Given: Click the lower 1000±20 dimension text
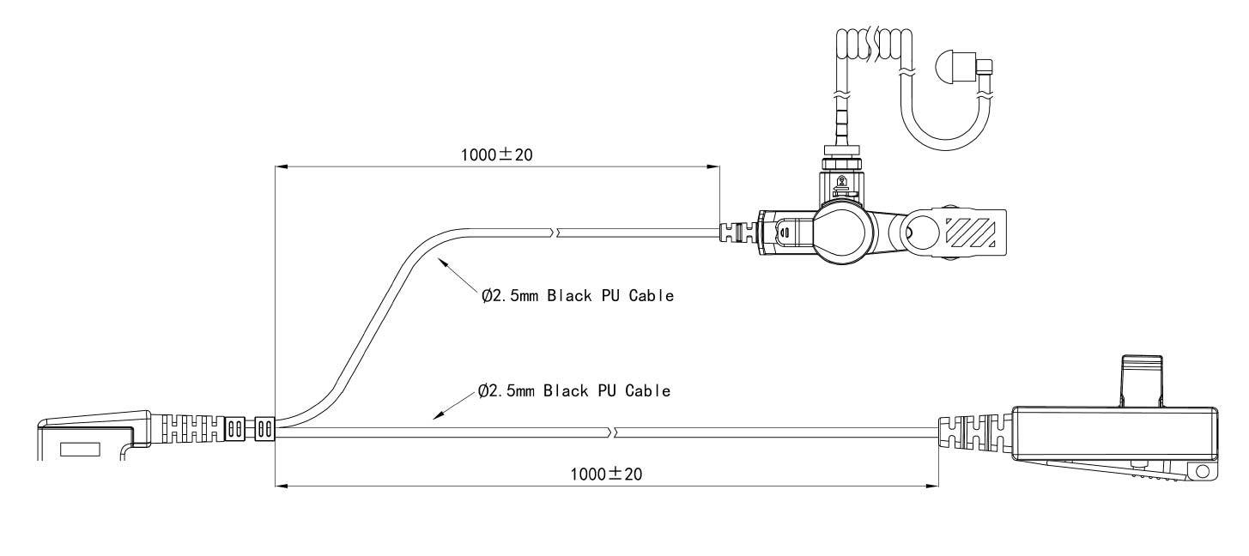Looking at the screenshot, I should click(607, 474).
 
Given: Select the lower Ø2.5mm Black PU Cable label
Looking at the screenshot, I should click(573, 391).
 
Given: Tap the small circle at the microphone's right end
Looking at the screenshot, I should click(1202, 472).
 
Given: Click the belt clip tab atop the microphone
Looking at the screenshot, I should click(1142, 381).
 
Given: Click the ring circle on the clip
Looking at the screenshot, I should click(919, 232).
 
